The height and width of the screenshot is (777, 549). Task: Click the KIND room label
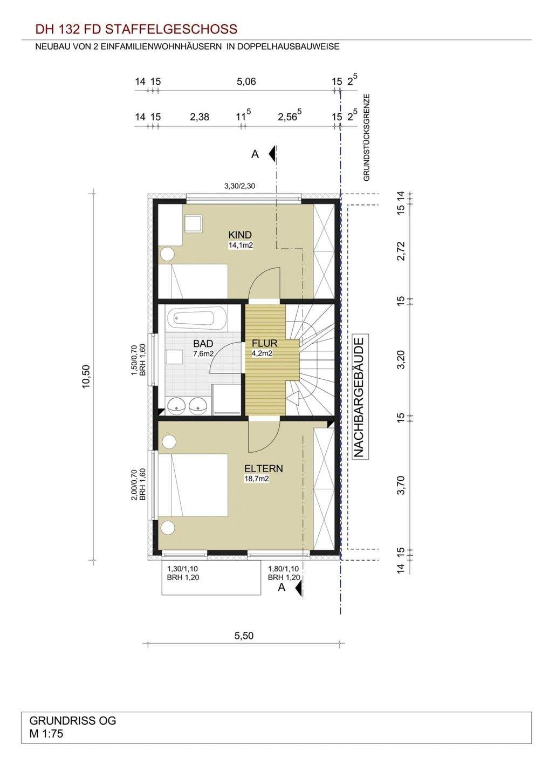tap(240, 235)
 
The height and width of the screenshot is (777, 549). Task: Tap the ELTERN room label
tap(263, 468)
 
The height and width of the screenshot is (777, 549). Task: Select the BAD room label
tap(203, 344)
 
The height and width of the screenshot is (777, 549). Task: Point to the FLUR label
tap(264, 343)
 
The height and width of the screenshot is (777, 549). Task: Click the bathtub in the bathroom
tap(196, 317)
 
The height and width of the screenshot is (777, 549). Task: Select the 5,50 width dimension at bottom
tap(244, 636)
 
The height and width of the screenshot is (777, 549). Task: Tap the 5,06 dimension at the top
tap(246, 81)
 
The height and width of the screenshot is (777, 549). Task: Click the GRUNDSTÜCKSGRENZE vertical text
tap(367, 138)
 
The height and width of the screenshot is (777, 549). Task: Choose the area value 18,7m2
tap(257, 479)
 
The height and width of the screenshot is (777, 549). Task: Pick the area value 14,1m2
tap(241, 246)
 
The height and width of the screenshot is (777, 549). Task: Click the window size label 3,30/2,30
tap(239, 186)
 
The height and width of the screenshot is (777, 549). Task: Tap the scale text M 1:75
tap(46, 733)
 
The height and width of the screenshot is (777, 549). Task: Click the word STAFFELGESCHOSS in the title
tap(171, 29)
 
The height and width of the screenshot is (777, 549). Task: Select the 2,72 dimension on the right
tap(401, 251)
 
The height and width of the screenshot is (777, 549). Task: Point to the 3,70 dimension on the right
tap(401, 486)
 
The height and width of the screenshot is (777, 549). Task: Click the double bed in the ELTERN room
tap(193, 485)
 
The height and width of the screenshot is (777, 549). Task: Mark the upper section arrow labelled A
tap(272, 153)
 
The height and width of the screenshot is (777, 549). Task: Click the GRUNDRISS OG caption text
tap(73, 720)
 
